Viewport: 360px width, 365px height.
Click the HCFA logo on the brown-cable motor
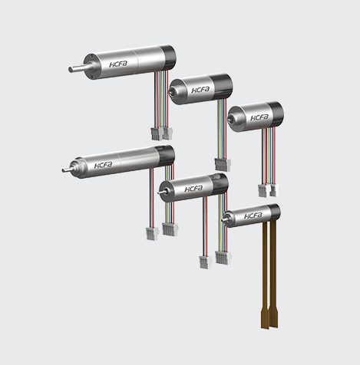(x=253, y=215)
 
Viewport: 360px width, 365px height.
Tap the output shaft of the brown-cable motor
(x=225, y=219)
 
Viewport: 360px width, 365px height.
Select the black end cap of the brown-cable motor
(x=274, y=212)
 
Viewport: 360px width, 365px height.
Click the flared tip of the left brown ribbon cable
(x=265, y=319)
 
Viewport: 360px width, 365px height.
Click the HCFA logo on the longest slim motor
(x=103, y=165)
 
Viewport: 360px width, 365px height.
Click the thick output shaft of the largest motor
(x=77, y=68)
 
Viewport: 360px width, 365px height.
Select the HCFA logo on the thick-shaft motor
(x=118, y=64)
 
